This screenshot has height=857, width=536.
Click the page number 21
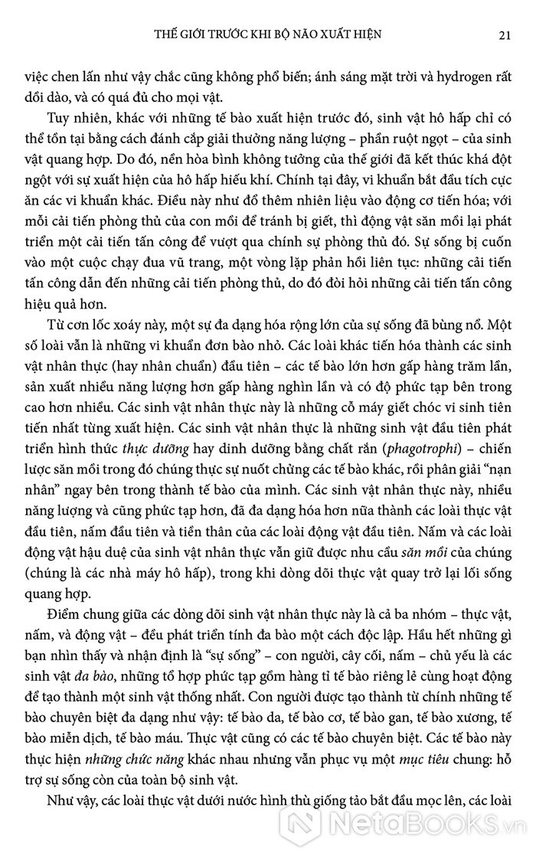point(505,34)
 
